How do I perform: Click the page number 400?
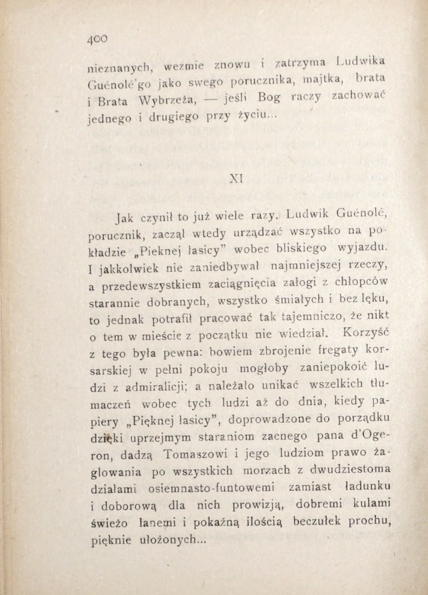pos(98,41)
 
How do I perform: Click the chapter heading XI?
pos(235,179)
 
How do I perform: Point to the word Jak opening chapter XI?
pos(125,218)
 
